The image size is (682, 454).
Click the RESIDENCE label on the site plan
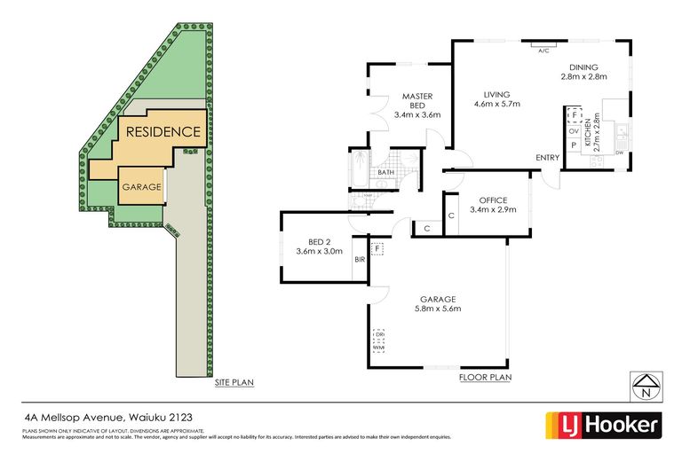(163, 132)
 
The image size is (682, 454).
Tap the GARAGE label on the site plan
(141, 187)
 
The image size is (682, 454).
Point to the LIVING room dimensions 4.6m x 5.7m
(496, 105)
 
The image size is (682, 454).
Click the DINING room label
(583, 67)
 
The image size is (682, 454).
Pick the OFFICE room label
(492, 200)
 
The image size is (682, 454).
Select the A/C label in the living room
(543, 51)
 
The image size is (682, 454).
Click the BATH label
(386, 172)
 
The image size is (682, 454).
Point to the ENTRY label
(547, 158)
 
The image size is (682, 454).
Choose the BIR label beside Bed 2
(360, 261)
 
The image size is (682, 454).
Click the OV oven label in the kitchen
(574, 130)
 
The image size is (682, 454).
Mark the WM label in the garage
(378, 348)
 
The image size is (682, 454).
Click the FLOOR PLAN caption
(485, 378)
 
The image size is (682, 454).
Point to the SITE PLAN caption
(234, 382)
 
